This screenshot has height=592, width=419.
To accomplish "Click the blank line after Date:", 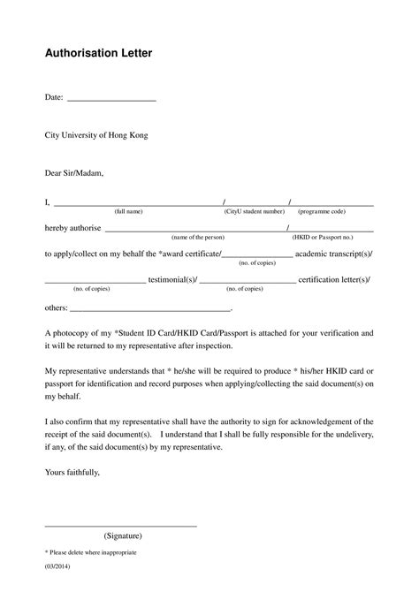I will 111,100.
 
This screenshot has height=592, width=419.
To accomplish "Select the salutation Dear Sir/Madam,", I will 74,173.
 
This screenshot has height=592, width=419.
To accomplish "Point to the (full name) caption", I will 128,212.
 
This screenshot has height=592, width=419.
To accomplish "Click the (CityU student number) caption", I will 255,212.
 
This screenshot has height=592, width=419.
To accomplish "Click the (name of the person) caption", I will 198,238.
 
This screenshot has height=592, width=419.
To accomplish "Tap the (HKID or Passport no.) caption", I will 323,238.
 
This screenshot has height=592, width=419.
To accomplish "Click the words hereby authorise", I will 72,228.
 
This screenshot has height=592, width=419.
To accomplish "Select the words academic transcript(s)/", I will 333,254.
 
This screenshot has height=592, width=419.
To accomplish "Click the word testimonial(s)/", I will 171,279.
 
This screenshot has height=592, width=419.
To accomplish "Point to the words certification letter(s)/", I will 334,279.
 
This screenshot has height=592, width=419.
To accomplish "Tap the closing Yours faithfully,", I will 72,473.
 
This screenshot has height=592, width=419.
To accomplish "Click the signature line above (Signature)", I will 120,526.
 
